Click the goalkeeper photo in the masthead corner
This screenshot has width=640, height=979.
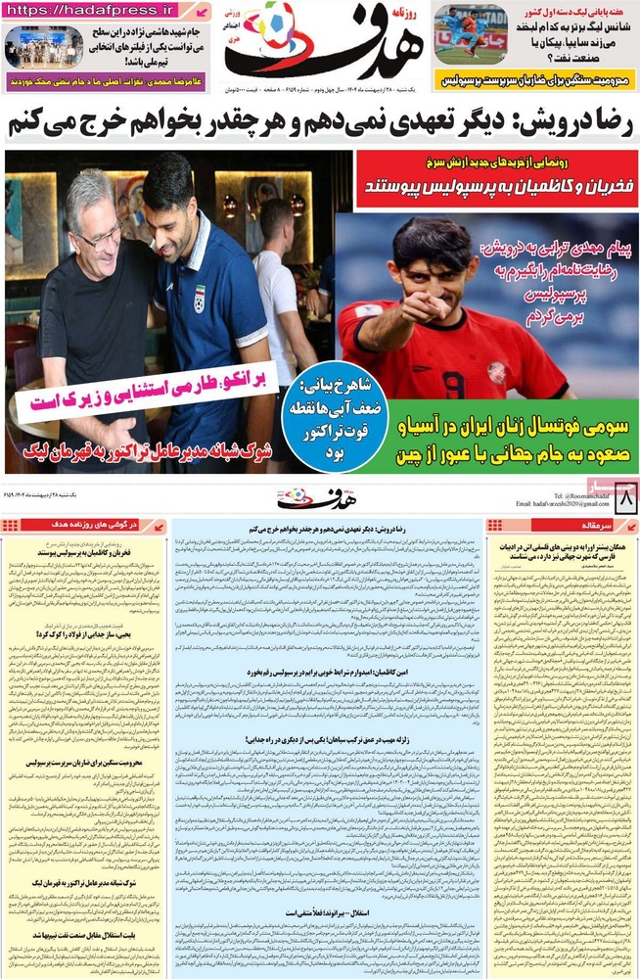(x=470, y=36)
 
